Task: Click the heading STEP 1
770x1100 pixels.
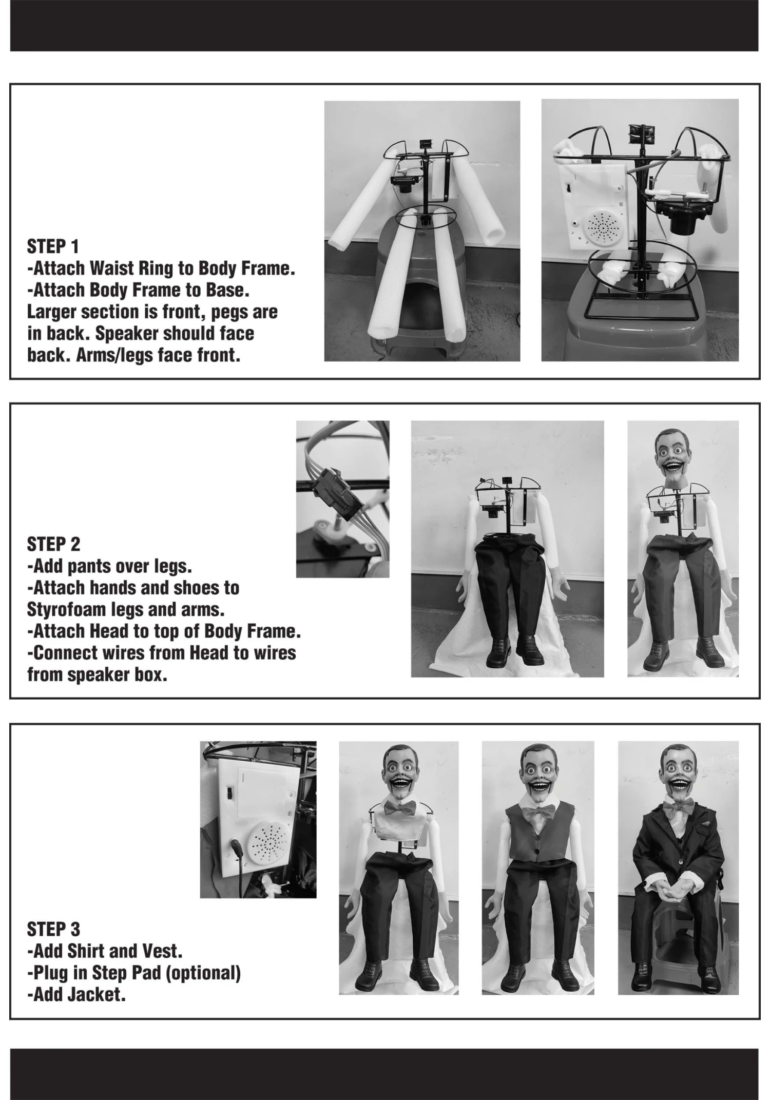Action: (53, 246)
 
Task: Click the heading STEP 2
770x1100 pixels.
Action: (53, 544)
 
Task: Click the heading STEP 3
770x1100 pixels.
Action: (53, 929)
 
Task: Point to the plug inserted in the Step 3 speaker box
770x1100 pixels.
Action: (237, 850)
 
